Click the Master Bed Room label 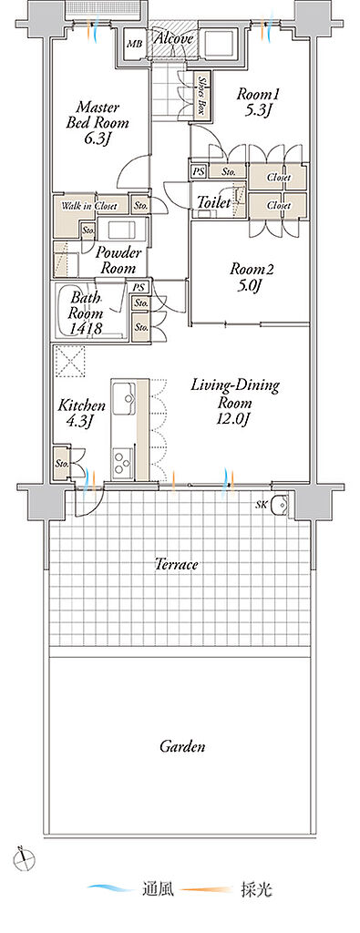[x=98, y=124]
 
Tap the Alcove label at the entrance [x=174, y=39]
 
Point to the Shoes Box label [x=201, y=95]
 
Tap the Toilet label [x=213, y=203]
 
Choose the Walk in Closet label [x=89, y=207]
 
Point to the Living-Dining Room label [x=234, y=402]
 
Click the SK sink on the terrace [x=280, y=505]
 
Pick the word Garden [x=182, y=745]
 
